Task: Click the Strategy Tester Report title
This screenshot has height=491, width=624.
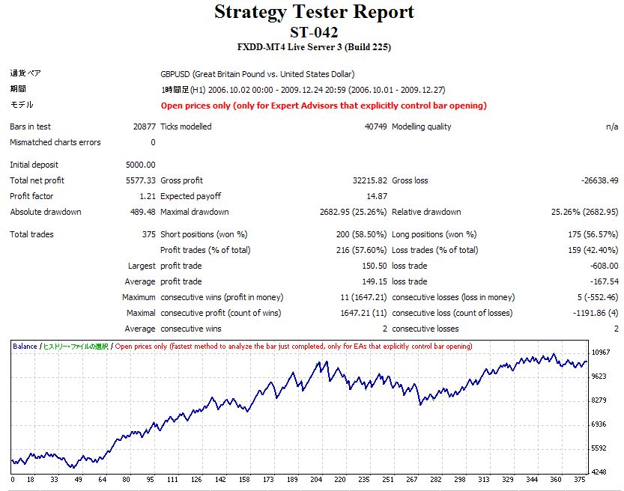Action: (314, 12)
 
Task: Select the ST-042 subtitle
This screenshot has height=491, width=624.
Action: (314, 31)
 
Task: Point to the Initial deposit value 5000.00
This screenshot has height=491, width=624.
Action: (141, 165)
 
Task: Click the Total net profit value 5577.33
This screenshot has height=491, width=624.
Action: (141, 180)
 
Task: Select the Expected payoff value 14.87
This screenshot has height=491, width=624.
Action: (376, 196)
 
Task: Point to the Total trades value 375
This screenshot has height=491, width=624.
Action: (148, 234)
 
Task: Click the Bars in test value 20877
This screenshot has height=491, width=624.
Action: (144, 126)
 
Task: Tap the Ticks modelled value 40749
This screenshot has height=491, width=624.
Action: (375, 126)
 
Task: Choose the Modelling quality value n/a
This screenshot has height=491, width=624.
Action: (611, 126)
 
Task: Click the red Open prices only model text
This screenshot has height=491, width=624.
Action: (324, 106)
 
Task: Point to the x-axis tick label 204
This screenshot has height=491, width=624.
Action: (316, 480)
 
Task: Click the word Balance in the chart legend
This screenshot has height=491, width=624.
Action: (25, 347)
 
